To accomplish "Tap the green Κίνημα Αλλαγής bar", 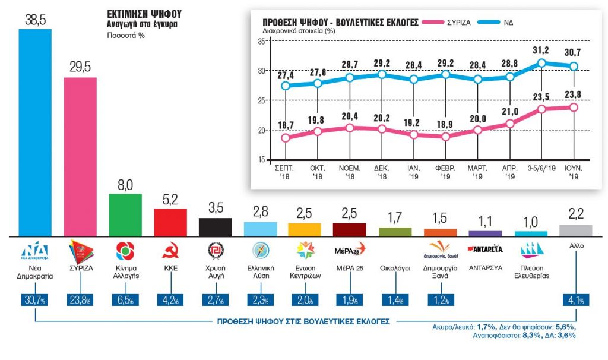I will pyautogui.click(x=125, y=214).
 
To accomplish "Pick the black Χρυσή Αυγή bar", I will pyautogui.click(x=215, y=227).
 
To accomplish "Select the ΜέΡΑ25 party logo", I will pyautogui.click(x=349, y=248).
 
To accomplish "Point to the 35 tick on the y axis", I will pyautogui.click(x=262, y=42).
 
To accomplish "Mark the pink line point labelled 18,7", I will pyautogui.click(x=286, y=138).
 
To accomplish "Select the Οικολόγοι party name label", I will pyautogui.click(x=394, y=267).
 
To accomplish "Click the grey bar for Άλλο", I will pyautogui.click(x=576, y=230).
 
